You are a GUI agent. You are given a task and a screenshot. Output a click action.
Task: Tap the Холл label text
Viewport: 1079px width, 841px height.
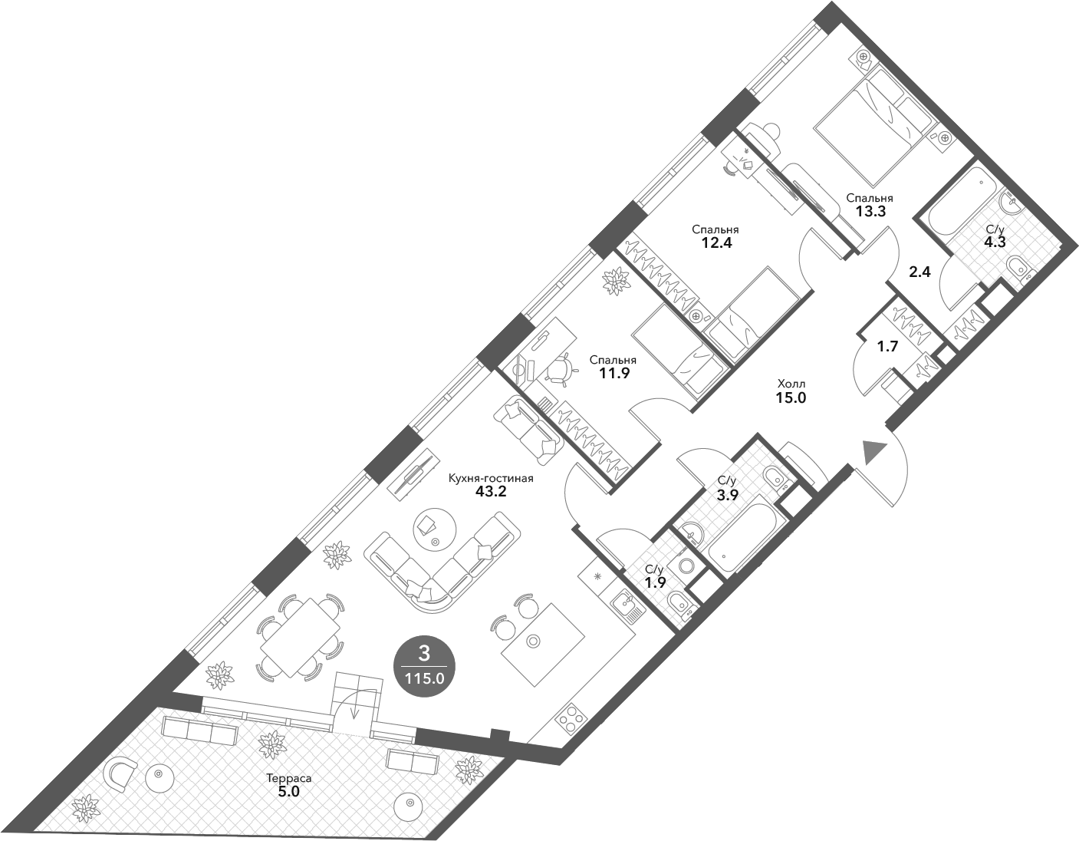pos(791,384)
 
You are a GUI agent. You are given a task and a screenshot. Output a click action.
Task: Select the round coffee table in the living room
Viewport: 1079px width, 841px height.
pos(435,532)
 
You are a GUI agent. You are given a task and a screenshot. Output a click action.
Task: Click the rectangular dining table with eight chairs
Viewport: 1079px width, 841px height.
pos(300,638)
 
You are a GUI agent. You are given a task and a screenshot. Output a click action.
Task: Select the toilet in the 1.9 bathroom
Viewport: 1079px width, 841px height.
pos(681,605)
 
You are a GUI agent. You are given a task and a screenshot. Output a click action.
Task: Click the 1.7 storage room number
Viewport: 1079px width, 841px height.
pos(887,347)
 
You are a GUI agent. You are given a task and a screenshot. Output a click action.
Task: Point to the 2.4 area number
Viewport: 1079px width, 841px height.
pos(919,272)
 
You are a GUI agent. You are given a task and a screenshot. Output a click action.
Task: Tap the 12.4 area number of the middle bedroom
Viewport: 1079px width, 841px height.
pos(716,243)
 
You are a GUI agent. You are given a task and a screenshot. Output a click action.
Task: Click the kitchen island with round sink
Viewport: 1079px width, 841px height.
pos(543,645)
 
